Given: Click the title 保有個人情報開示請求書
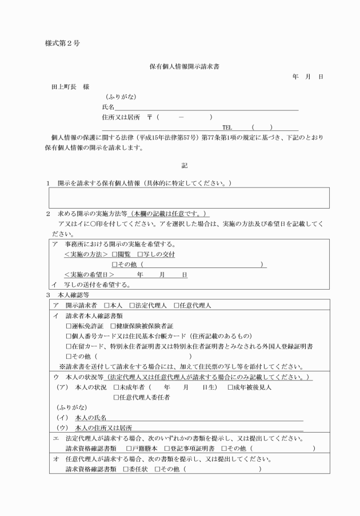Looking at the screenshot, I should click(179, 66).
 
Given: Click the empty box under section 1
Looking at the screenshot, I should click(189, 198).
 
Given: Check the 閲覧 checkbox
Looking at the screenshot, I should click(115, 254).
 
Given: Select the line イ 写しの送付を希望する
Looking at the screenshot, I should click(91, 285).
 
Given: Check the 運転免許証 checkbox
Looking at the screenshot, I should click(69, 325).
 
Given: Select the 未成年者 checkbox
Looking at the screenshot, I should click(116, 387).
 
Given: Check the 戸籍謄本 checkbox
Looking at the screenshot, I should click(129, 448).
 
